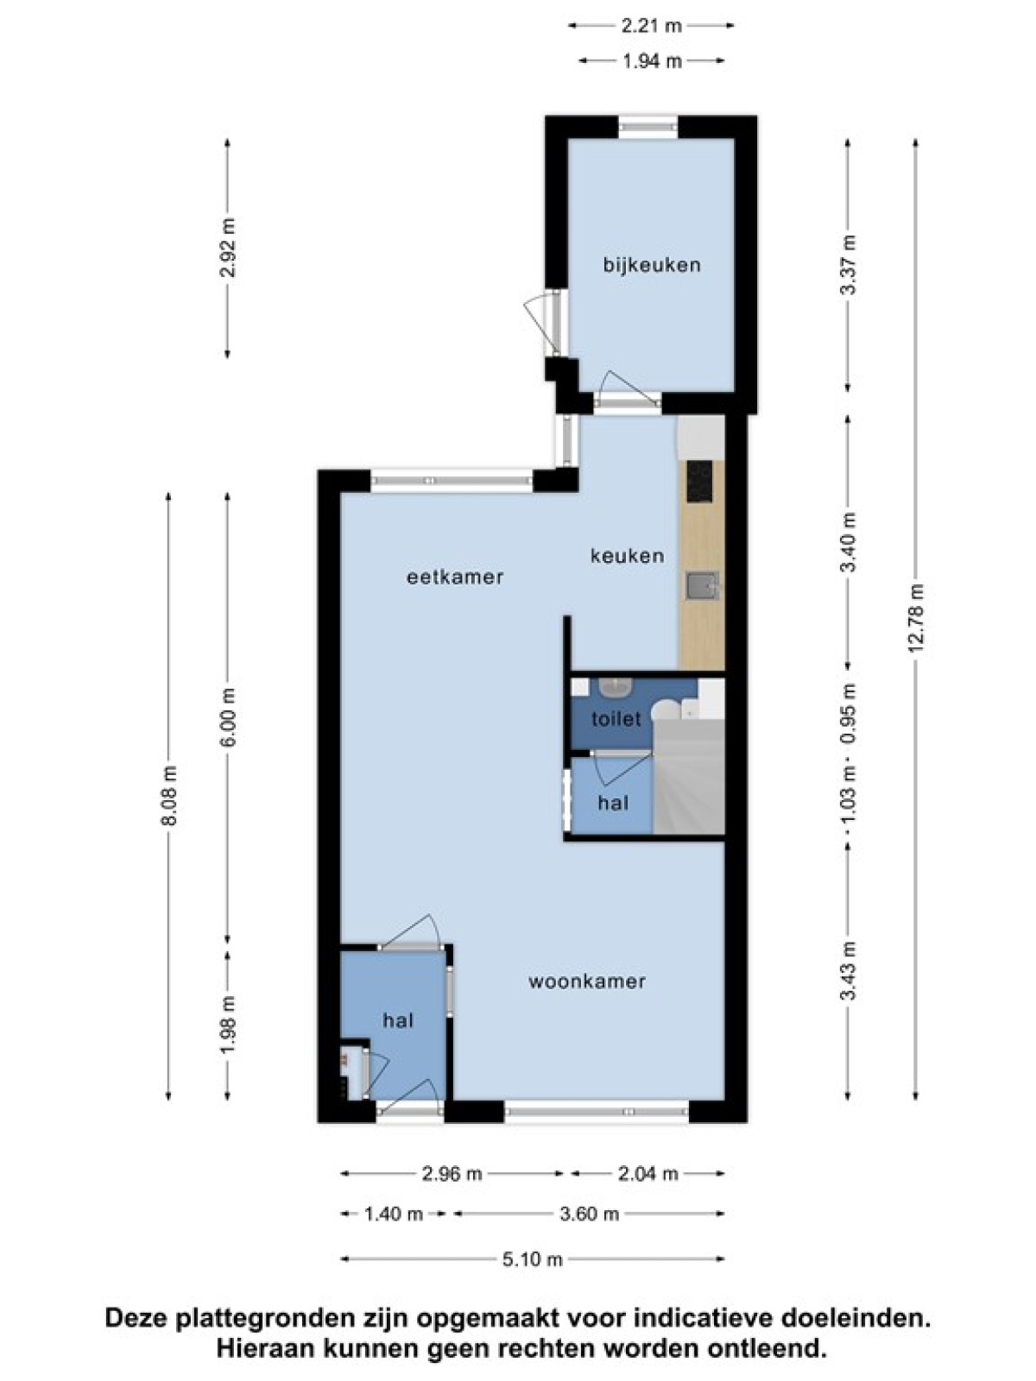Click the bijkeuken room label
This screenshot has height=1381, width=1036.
(x=652, y=265)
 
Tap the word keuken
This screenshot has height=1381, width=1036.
(x=627, y=556)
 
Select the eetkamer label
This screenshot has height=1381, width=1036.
(x=455, y=577)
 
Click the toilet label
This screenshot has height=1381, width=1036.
(x=616, y=718)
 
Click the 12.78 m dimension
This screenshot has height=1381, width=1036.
(x=916, y=620)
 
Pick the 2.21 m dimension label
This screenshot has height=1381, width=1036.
(x=651, y=26)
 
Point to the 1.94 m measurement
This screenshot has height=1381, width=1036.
(x=652, y=61)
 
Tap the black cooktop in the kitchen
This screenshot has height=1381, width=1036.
(x=699, y=482)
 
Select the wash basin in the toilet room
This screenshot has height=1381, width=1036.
(x=615, y=687)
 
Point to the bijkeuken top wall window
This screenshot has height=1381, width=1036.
(x=648, y=128)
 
